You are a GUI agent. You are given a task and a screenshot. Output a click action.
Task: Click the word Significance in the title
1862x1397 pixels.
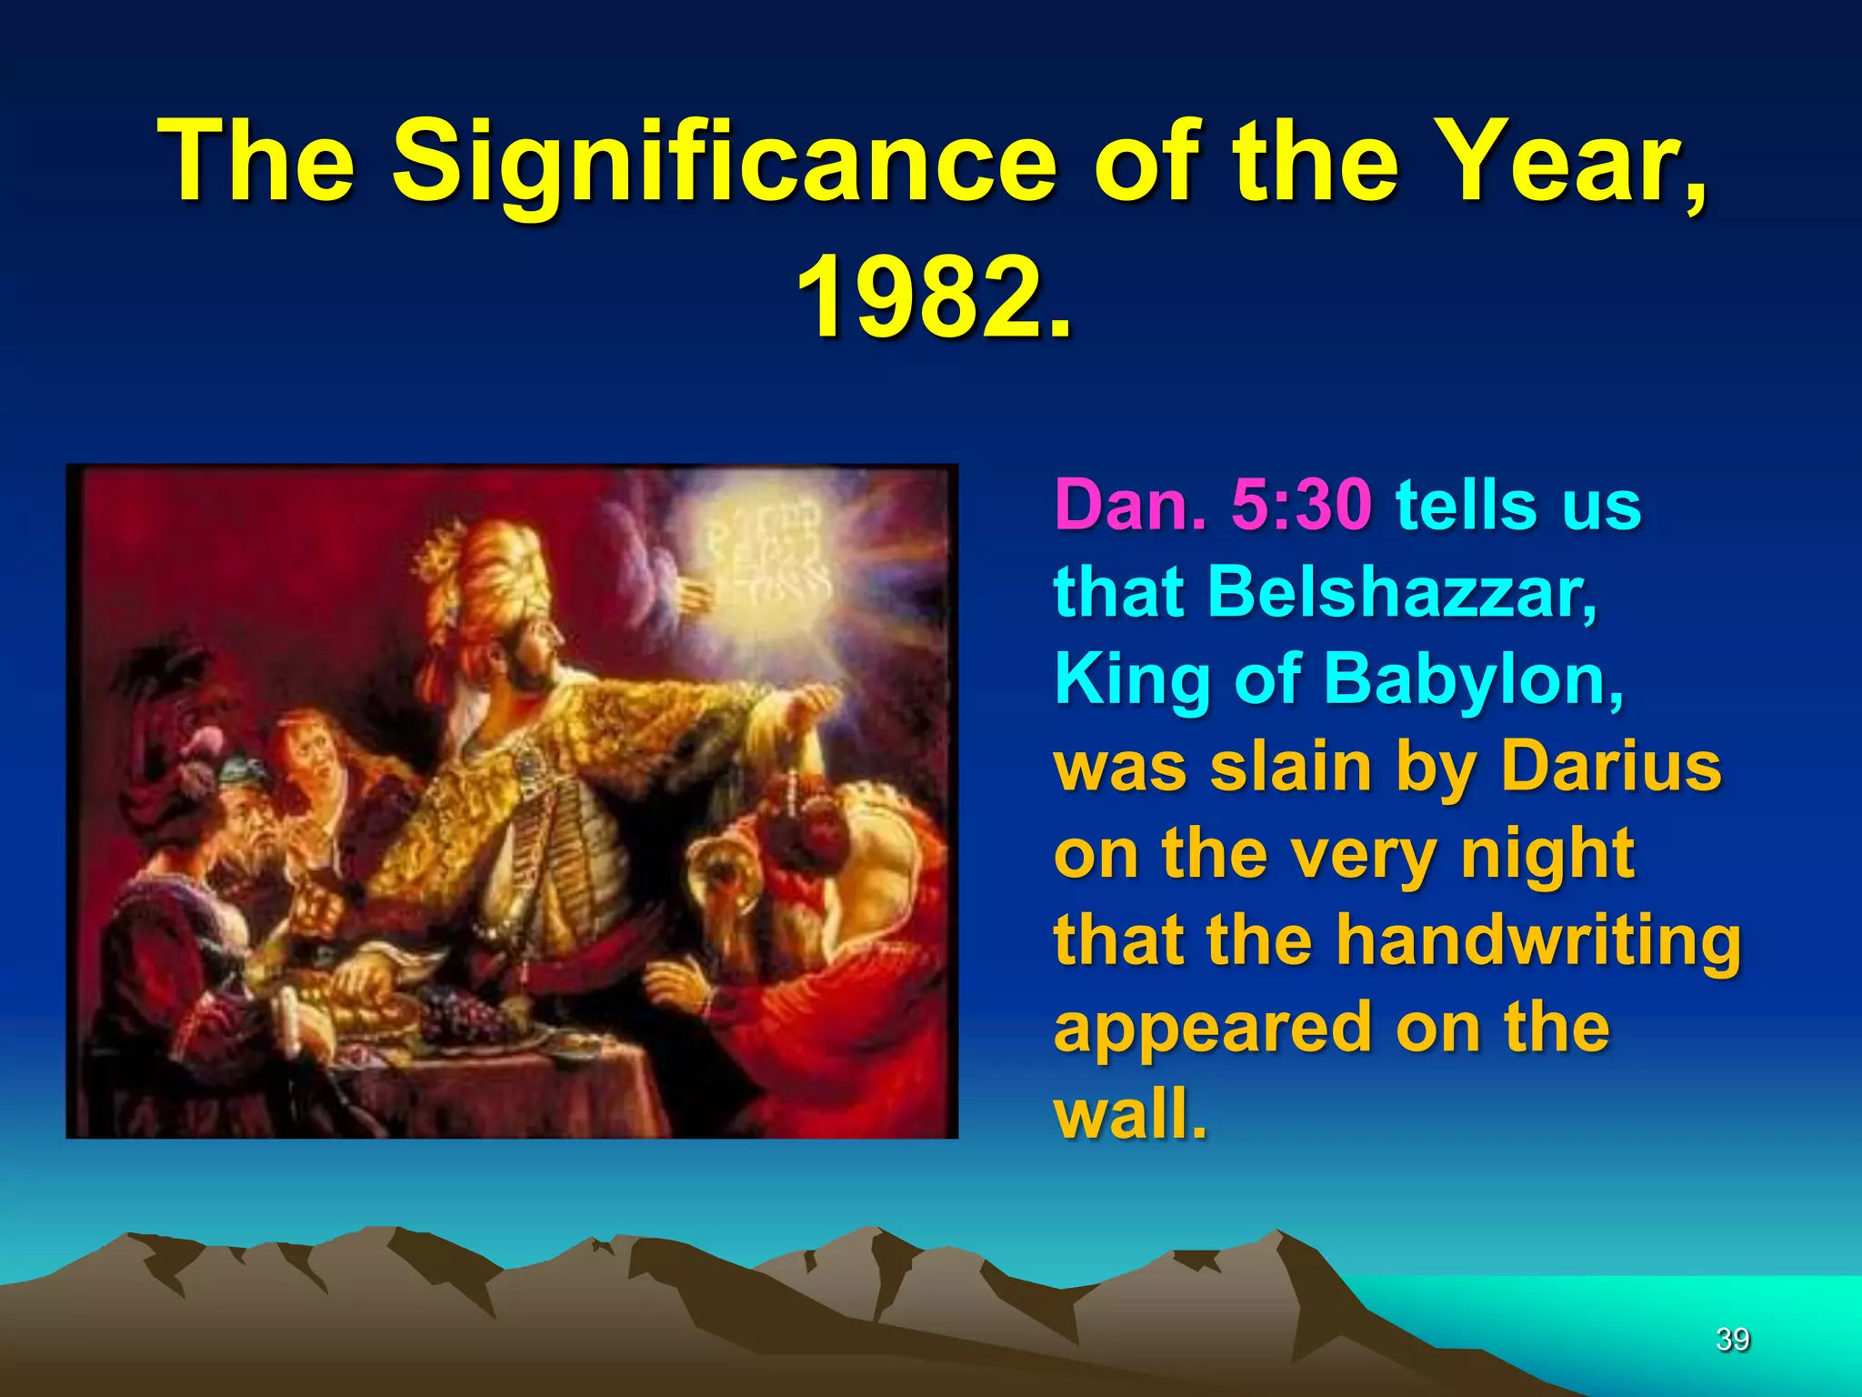click(x=724, y=164)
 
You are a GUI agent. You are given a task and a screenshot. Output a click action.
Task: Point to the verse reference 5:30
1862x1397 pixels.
click(x=1300, y=505)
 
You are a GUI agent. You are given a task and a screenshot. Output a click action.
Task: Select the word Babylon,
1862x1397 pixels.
click(x=1473, y=680)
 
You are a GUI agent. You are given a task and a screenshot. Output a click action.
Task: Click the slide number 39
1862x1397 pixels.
click(x=1732, y=1339)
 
